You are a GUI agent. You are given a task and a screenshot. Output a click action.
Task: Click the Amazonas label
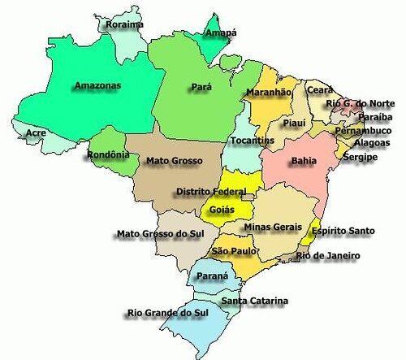tap(97, 85)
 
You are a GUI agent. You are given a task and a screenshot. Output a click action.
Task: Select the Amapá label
tap(220, 33)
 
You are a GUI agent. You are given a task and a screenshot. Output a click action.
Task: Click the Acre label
tap(36, 132)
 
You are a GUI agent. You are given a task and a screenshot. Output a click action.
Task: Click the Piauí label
tap(293, 123)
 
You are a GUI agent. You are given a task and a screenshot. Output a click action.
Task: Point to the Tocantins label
tap(251, 141)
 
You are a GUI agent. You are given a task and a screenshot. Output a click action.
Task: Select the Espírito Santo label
tap(344, 231)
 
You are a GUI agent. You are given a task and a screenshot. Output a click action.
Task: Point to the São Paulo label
tap(232, 252)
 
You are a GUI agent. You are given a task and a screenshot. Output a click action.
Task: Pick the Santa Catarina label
tap(255, 301)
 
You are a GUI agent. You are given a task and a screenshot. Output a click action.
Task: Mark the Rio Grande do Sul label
tap(170, 313)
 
